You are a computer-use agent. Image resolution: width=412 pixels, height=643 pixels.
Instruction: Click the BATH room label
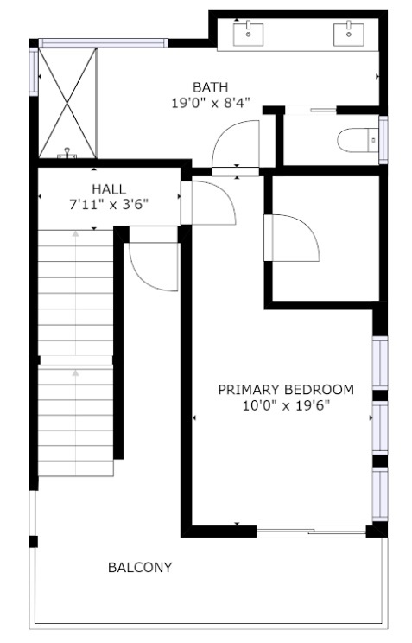pyautogui.click(x=210, y=87)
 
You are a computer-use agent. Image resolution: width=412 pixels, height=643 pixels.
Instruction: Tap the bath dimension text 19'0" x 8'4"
pyautogui.click(x=210, y=103)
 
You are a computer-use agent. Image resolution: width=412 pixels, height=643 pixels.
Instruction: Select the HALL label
pyautogui.click(x=109, y=189)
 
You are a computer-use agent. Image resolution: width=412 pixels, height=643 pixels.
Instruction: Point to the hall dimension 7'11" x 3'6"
pyautogui.click(x=109, y=204)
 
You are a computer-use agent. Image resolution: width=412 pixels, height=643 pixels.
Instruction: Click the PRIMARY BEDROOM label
pyautogui.click(x=286, y=390)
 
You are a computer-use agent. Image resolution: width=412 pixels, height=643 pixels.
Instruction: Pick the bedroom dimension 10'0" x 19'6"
pyautogui.click(x=286, y=406)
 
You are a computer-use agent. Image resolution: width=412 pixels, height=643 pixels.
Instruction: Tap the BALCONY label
pyautogui.click(x=140, y=568)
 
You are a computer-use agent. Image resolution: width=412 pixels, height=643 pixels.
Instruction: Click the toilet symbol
pyautogui.click(x=358, y=140)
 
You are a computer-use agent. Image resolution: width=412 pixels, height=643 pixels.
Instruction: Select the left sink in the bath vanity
pyautogui.click(x=248, y=34)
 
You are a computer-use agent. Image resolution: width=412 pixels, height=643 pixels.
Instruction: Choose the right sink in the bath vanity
pyautogui.click(x=348, y=34)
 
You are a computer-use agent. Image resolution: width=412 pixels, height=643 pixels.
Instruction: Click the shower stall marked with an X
pyautogui.click(x=67, y=103)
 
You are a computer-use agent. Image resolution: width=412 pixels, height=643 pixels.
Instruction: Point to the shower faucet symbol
pyautogui.click(x=67, y=153)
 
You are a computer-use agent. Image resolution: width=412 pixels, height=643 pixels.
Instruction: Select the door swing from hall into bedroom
pyautogui.click(x=208, y=203)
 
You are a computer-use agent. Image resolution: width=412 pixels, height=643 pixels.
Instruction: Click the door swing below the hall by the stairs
pyautogui.click(x=154, y=267)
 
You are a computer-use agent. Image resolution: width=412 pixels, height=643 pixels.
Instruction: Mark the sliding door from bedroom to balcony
pyautogui.click(x=312, y=532)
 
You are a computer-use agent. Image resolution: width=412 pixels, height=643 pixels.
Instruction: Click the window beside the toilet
pyautogui.click(x=383, y=140)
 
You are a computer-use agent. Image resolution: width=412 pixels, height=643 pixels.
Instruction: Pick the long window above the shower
pyautogui.click(x=104, y=43)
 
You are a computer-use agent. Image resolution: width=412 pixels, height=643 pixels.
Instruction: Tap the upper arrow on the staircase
pyautogui.click(x=75, y=293)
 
